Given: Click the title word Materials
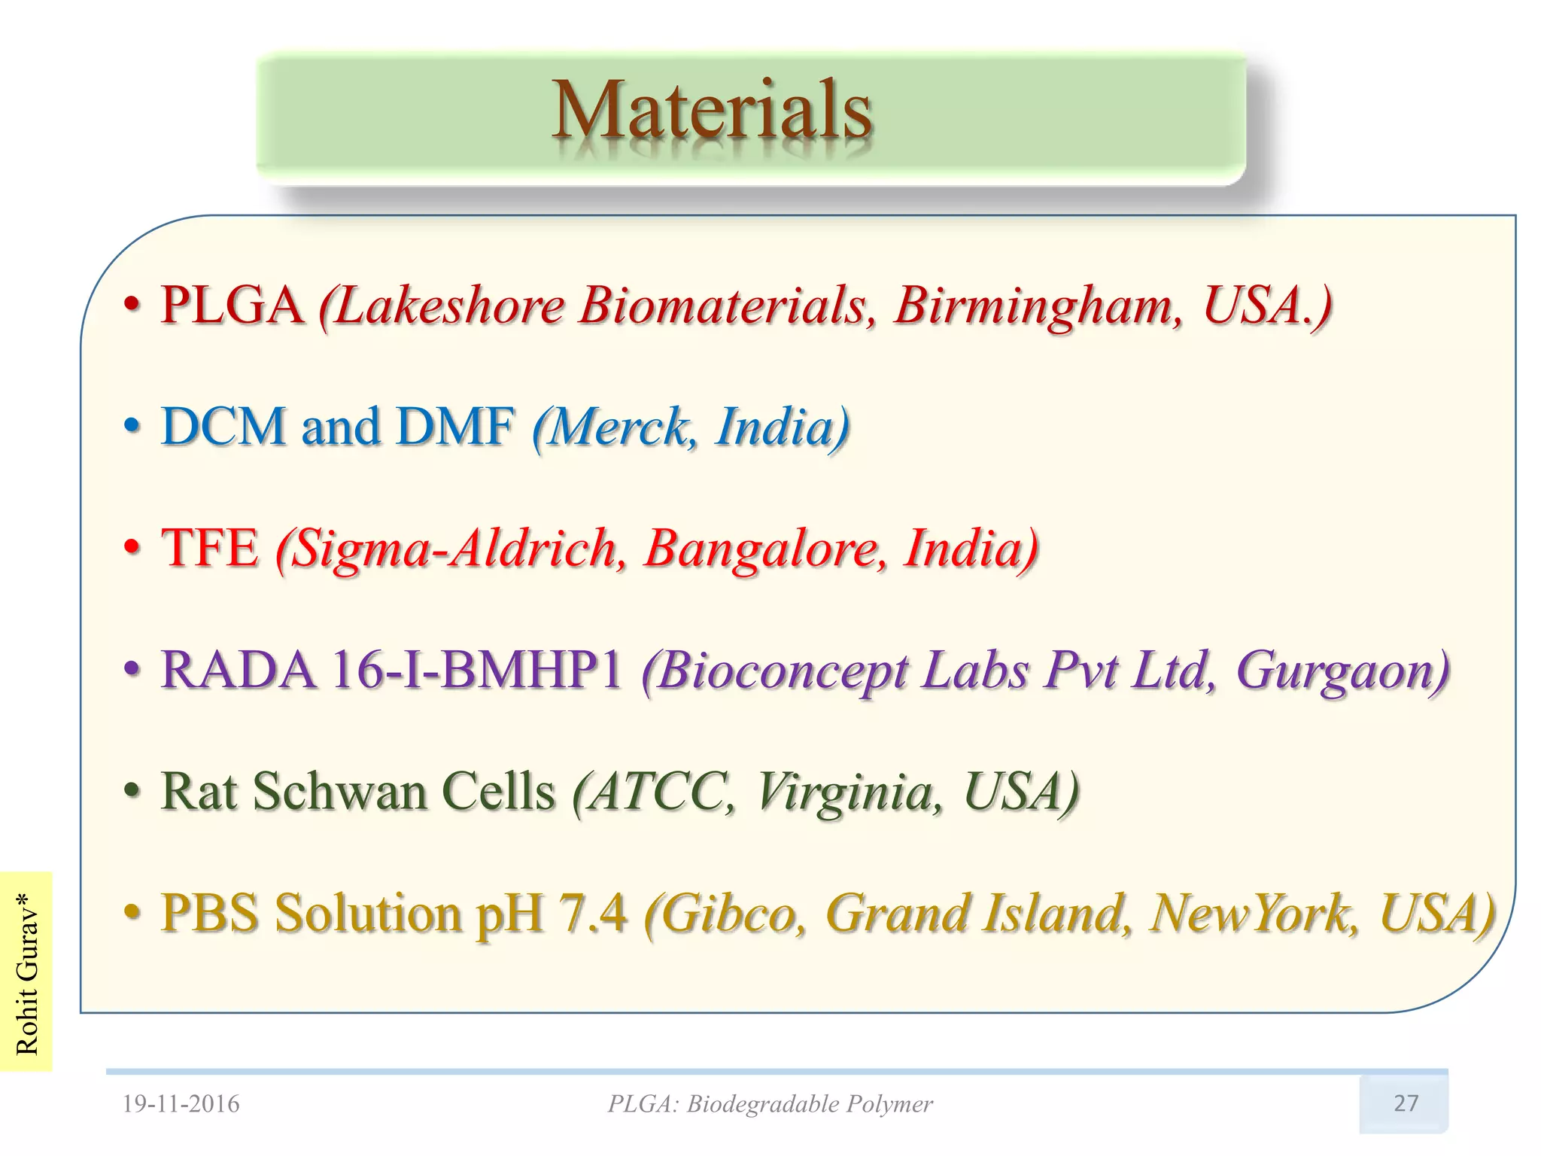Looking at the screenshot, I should (712, 111).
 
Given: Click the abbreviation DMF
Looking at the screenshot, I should (456, 427).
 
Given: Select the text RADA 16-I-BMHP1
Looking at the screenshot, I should (391, 670).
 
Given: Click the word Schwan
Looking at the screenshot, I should (339, 792).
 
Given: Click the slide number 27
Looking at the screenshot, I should (1406, 1103).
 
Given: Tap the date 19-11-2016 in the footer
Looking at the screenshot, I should (181, 1104).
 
